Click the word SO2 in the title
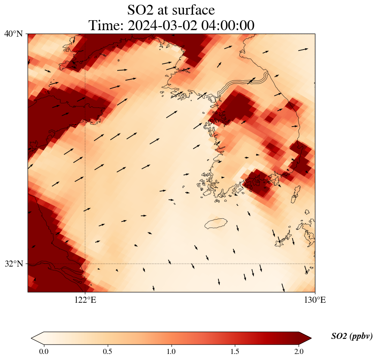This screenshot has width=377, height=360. tap(141, 9)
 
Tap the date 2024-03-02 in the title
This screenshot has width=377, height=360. tap(159, 25)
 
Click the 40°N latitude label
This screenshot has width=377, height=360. tap(14, 34)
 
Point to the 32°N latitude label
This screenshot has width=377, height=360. tap(14, 264)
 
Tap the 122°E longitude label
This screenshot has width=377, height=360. tap(85, 300)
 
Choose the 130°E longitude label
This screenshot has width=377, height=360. tap(315, 300)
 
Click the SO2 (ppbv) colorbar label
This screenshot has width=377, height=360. tap(352, 336)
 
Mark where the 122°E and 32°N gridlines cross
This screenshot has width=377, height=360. tap(85, 264)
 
